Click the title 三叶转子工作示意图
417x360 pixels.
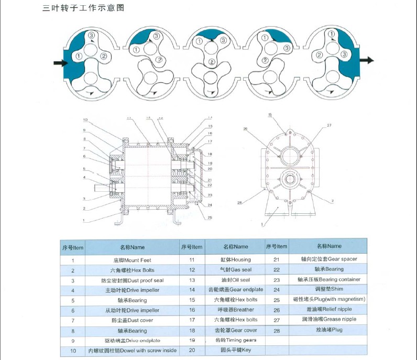tap(83, 9)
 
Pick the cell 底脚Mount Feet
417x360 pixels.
tap(132, 260)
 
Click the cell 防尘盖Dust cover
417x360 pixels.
tap(132, 320)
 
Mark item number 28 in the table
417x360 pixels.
tap(277, 330)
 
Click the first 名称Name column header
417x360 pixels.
tap(132, 247)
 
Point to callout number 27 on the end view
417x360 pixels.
tap(330, 125)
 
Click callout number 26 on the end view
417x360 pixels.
tap(245, 129)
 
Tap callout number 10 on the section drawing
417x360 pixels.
tap(85, 120)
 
